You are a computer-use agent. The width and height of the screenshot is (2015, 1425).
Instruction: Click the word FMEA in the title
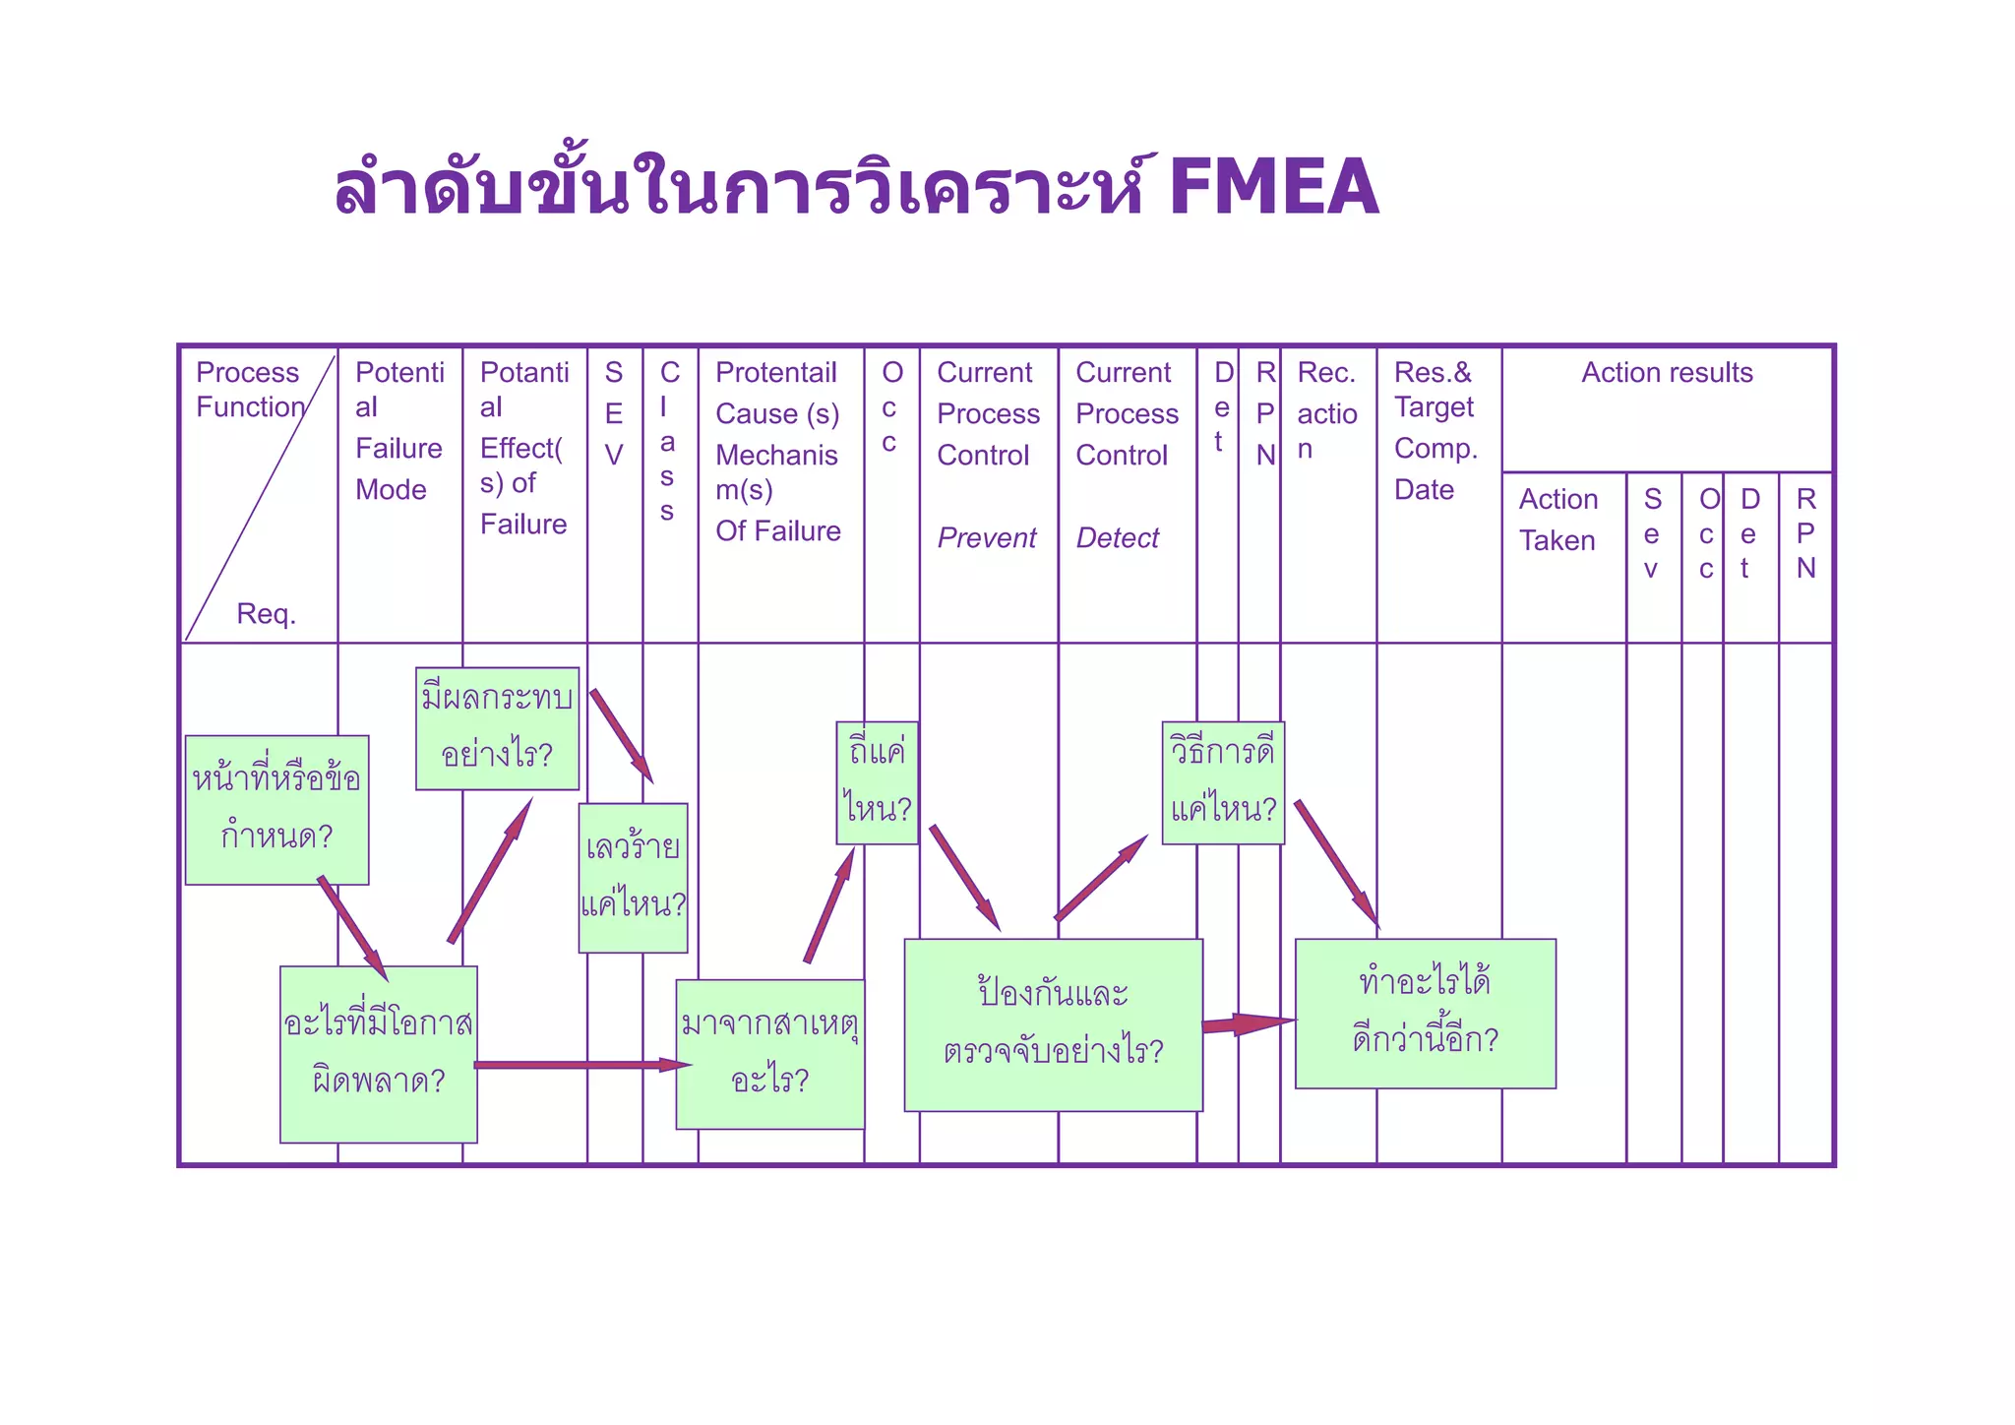[1274, 187]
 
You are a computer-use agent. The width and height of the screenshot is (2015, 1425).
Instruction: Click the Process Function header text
[248, 390]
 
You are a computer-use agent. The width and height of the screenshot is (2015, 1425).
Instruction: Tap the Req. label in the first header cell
[266, 614]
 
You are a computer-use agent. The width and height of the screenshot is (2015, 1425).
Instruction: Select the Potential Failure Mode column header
[399, 430]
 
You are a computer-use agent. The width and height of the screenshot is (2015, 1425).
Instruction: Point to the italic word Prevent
[986, 538]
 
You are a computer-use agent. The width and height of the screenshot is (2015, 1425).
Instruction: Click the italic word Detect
[1117, 538]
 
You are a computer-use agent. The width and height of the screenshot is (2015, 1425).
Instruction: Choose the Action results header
[1667, 373]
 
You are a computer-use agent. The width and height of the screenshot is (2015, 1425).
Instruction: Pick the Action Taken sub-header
[1557, 520]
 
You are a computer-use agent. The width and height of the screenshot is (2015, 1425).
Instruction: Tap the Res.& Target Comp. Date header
[1435, 430]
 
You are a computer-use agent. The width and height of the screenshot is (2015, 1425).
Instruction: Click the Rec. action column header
[1326, 410]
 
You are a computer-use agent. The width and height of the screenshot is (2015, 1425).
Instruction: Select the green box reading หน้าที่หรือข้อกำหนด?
[276, 809]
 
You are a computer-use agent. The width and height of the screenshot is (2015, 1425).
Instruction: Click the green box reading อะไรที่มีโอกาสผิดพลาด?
[379, 1054]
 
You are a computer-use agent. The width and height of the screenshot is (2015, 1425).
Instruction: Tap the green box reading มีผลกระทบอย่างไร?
[497, 728]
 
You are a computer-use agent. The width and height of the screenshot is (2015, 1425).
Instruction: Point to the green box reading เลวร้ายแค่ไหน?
[633, 877]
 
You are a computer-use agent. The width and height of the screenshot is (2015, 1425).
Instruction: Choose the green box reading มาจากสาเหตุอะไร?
[770, 1053]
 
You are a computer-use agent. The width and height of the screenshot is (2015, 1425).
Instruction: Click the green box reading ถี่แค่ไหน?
[877, 782]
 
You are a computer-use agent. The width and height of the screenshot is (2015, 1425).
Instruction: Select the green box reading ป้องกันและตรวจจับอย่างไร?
[1053, 1024]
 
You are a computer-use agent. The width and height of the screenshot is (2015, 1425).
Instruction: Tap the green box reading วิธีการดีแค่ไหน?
[1223, 782]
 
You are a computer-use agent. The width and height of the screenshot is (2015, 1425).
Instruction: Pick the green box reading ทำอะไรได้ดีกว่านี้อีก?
[1425, 1013]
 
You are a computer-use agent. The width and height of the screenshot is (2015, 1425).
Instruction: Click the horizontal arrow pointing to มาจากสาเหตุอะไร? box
[580, 1065]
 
